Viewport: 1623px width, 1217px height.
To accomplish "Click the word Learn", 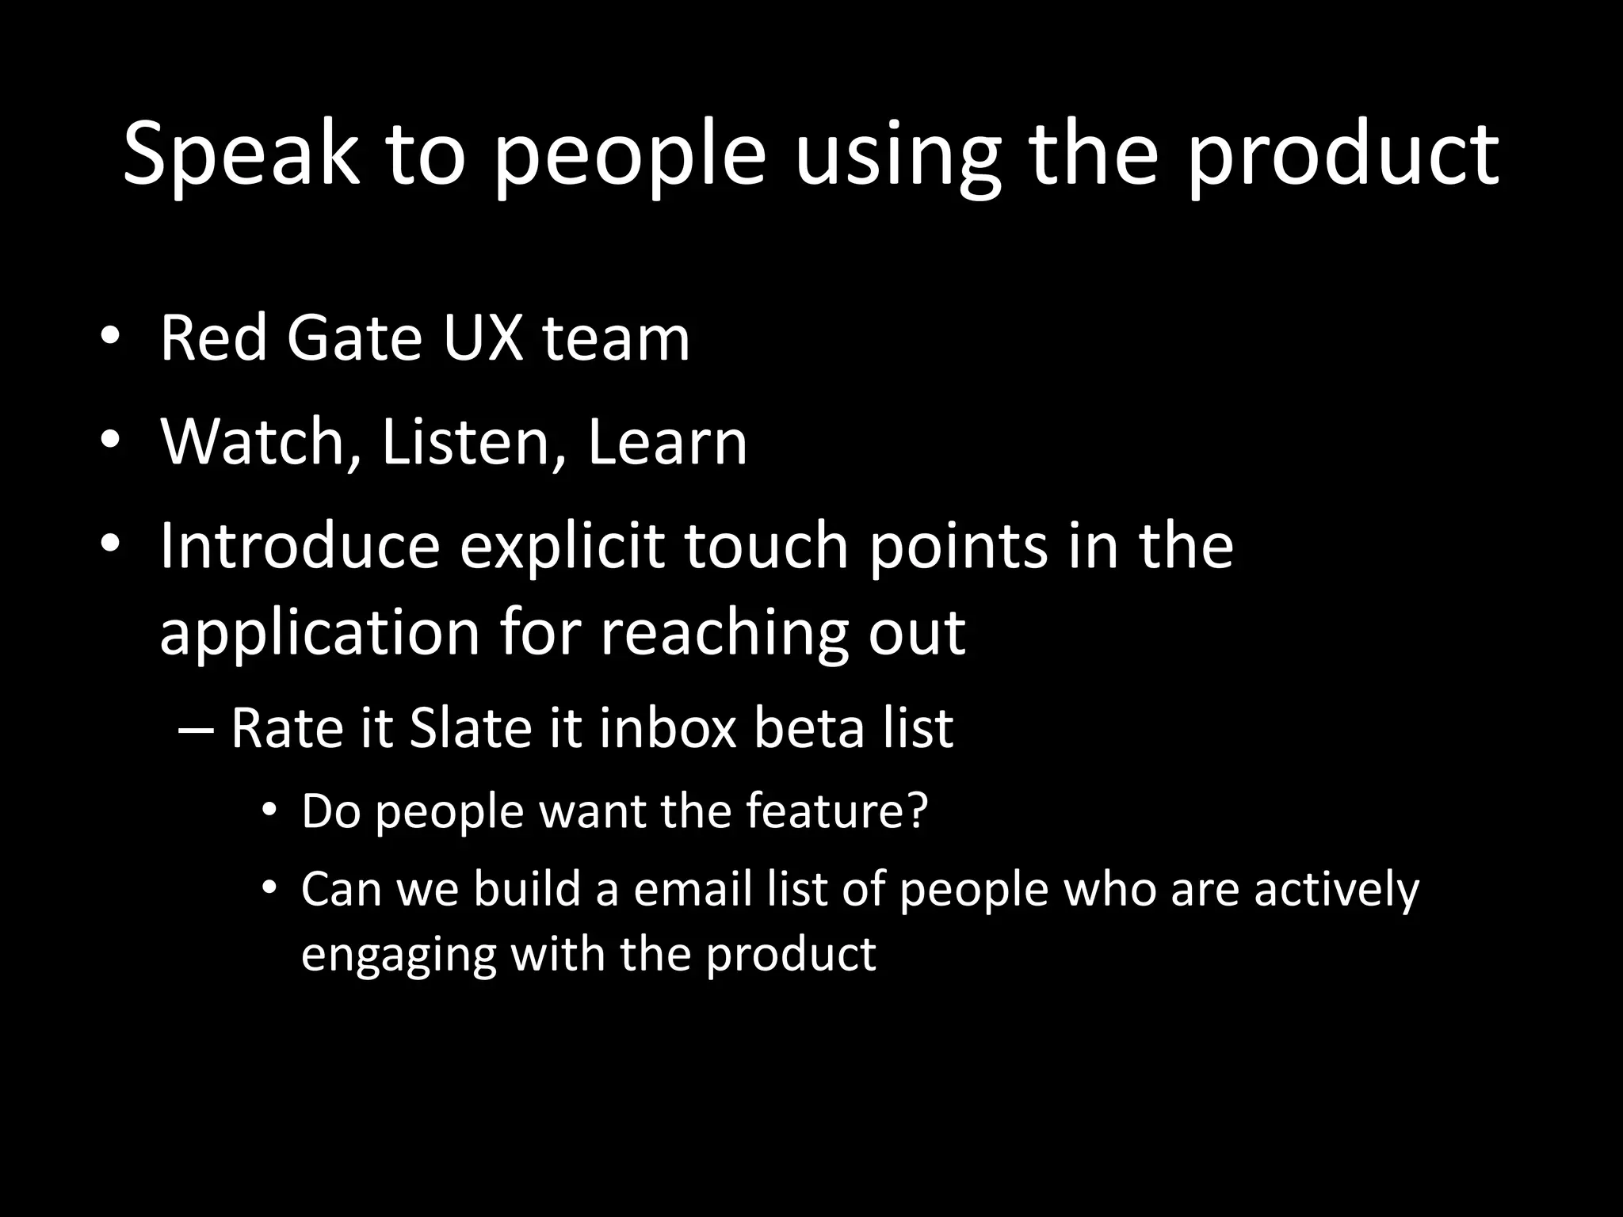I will point(667,441).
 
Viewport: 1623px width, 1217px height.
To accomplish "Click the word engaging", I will point(399,954).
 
